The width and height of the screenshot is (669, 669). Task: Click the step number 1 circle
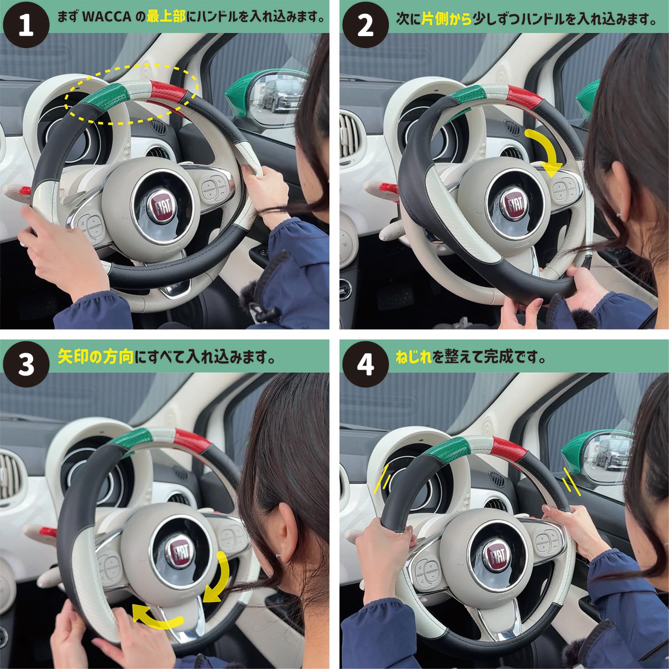pyautogui.click(x=26, y=25)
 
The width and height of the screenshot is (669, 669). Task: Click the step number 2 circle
pyautogui.click(x=365, y=25)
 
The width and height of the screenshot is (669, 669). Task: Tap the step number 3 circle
pyautogui.click(x=26, y=364)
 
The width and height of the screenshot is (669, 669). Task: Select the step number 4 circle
pyautogui.click(x=365, y=364)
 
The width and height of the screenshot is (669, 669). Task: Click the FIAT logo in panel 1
pyautogui.click(x=165, y=207)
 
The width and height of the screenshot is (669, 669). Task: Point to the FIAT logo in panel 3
pyautogui.click(x=180, y=555)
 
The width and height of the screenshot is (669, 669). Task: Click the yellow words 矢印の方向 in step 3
pyautogui.click(x=95, y=356)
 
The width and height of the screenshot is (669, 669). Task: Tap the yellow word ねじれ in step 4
pyautogui.click(x=413, y=356)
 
